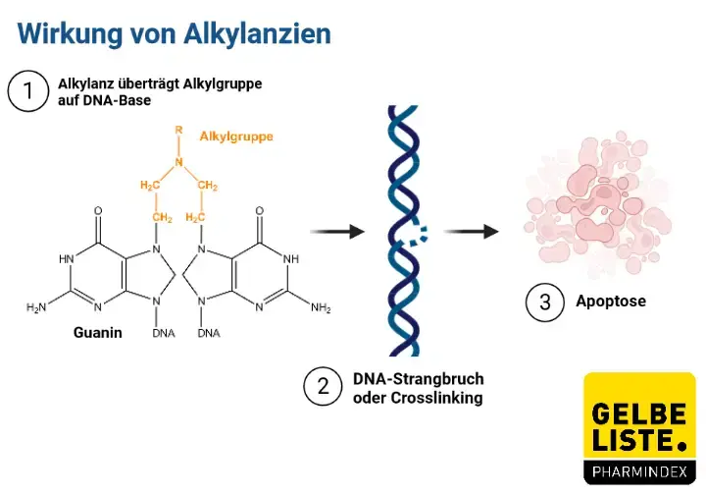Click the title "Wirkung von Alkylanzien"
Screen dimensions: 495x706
pyautogui.click(x=174, y=32)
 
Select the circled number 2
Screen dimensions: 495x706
pyautogui.click(x=323, y=388)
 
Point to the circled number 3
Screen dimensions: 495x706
pyautogui.click(x=546, y=302)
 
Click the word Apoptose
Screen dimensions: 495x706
pyautogui.click(x=611, y=302)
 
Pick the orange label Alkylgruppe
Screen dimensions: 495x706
pyautogui.click(x=236, y=137)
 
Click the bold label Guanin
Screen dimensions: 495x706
pyautogui.click(x=97, y=332)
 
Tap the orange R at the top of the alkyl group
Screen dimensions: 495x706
pyautogui.click(x=177, y=130)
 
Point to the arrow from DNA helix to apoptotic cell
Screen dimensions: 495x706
pyautogui.click(x=470, y=232)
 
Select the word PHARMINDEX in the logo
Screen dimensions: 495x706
pyautogui.click(x=639, y=471)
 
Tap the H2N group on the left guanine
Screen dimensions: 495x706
pyautogui.click(x=36, y=308)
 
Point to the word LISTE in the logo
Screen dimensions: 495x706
pyautogui.click(x=633, y=436)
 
